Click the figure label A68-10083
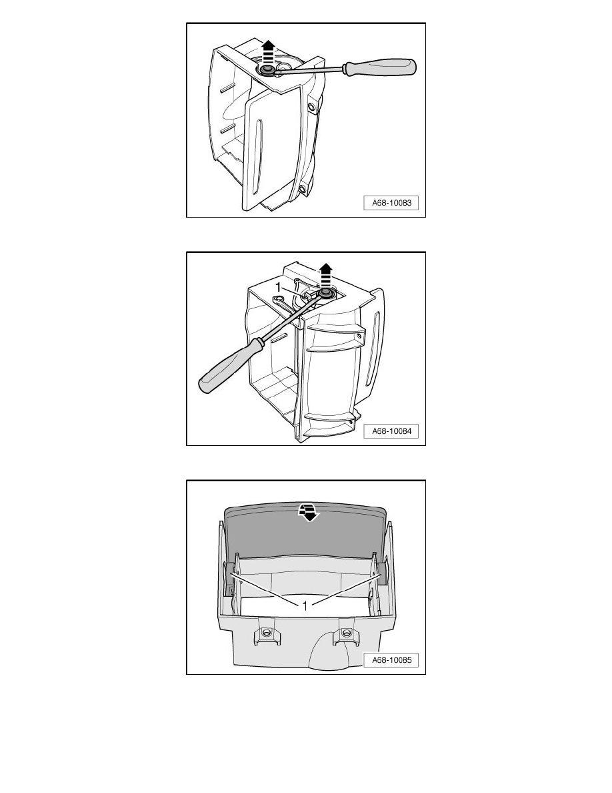point(391,203)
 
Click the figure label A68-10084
point(391,431)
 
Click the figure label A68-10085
point(391,660)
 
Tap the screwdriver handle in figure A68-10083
point(380,67)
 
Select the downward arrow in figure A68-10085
point(308,512)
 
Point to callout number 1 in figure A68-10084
point(278,287)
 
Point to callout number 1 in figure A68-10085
point(305,605)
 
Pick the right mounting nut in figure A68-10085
point(346,633)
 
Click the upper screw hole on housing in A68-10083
point(312,107)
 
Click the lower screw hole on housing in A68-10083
point(302,189)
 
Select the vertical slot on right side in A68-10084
point(375,348)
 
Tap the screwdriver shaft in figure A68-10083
point(311,70)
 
